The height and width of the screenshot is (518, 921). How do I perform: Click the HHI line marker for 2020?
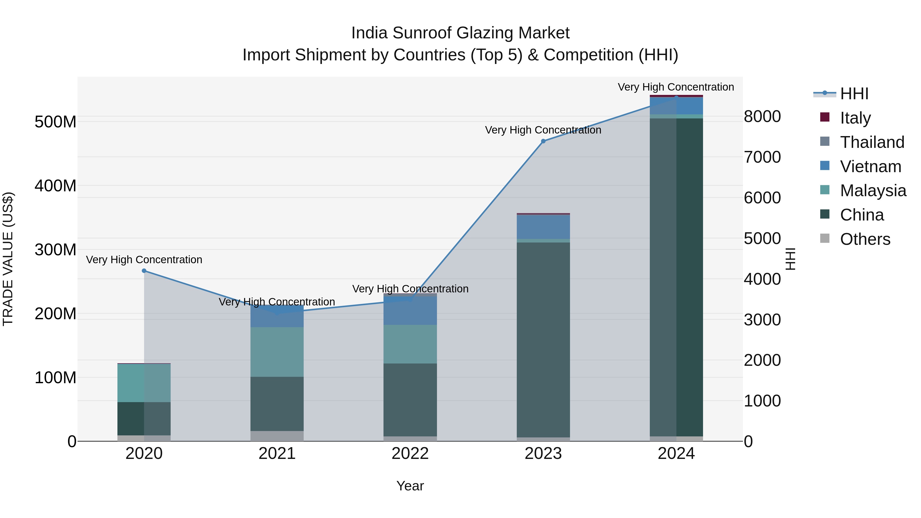point(144,271)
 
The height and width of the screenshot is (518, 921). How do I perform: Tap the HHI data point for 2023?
point(543,141)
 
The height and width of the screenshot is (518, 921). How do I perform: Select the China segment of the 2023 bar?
point(543,340)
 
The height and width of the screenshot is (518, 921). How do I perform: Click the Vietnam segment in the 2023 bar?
point(543,227)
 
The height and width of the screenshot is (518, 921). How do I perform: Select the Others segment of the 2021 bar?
point(277,436)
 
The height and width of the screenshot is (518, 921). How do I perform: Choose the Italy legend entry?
point(855,118)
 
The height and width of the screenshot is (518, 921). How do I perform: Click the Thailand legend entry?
point(872,142)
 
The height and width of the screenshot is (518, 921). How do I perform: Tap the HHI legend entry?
point(854,94)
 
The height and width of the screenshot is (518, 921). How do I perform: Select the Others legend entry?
point(864,239)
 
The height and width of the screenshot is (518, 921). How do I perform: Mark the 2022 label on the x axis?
point(410,454)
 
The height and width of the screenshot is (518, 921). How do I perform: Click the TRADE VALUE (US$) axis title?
point(8,259)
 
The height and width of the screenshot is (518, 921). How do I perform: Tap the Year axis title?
point(410,486)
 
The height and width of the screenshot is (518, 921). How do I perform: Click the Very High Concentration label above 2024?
point(676,87)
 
